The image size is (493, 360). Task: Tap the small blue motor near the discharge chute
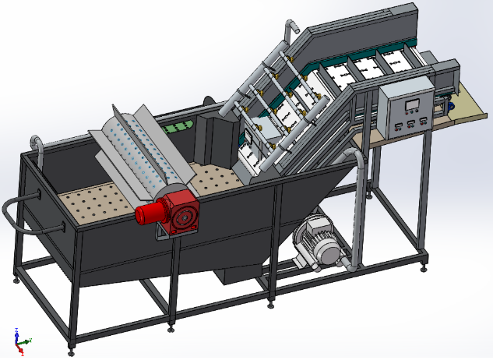point(449,103)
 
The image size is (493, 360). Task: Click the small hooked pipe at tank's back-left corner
point(34,143)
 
